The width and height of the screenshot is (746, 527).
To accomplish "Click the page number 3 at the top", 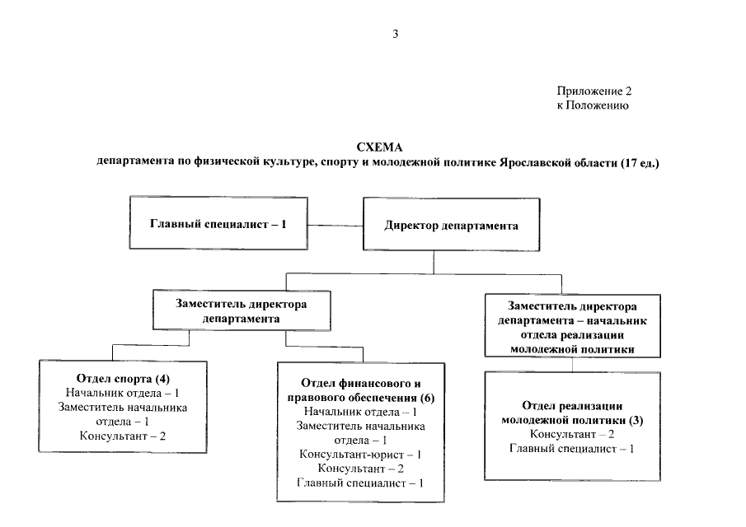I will click(x=396, y=34).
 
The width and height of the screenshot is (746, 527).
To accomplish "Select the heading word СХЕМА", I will click(x=379, y=147).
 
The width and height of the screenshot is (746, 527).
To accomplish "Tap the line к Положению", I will click(x=593, y=105).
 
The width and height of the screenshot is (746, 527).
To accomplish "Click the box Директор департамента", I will click(x=451, y=226).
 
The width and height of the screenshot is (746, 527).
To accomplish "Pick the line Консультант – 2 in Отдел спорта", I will click(x=123, y=435).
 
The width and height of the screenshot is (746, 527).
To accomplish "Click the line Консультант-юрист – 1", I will click(x=361, y=454).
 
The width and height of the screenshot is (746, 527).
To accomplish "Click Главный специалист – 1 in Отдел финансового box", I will click(x=361, y=482).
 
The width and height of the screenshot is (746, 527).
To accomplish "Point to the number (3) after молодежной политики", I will click(x=636, y=420).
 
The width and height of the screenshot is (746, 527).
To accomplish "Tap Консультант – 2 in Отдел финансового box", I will click(x=361, y=468).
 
